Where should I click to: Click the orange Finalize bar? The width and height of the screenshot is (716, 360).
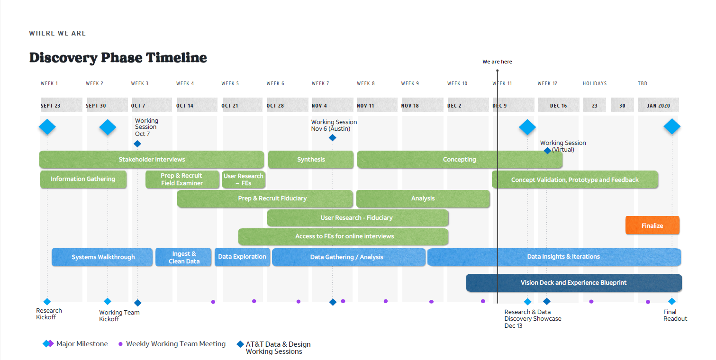(x=652, y=225)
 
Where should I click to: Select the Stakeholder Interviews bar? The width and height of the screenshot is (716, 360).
(x=152, y=160)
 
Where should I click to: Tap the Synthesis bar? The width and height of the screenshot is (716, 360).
(x=311, y=160)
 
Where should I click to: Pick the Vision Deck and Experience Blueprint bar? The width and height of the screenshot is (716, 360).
(x=573, y=283)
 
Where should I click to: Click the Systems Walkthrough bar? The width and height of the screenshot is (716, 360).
(x=103, y=257)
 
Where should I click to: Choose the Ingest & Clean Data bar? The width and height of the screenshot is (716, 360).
(x=183, y=257)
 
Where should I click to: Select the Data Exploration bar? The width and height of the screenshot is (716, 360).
(x=242, y=257)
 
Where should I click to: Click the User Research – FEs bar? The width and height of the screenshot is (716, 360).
(x=244, y=180)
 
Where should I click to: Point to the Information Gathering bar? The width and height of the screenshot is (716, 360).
(x=83, y=179)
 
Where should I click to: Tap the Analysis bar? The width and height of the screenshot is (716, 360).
(x=423, y=198)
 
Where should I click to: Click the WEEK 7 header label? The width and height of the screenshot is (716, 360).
(x=320, y=84)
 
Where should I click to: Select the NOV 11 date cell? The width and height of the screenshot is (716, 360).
(x=377, y=105)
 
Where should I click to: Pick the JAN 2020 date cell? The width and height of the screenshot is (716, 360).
(x=658, y=105)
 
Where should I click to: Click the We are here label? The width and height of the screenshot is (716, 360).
(x=497, y=62)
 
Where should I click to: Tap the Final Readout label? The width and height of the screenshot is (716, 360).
(x=675, y=315)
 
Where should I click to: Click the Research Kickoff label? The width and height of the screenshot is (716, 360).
(x=49, y=314)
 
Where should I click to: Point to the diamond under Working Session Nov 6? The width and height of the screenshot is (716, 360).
(x=332, y=138)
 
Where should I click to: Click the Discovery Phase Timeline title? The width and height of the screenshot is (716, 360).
(x=118, y=58)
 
